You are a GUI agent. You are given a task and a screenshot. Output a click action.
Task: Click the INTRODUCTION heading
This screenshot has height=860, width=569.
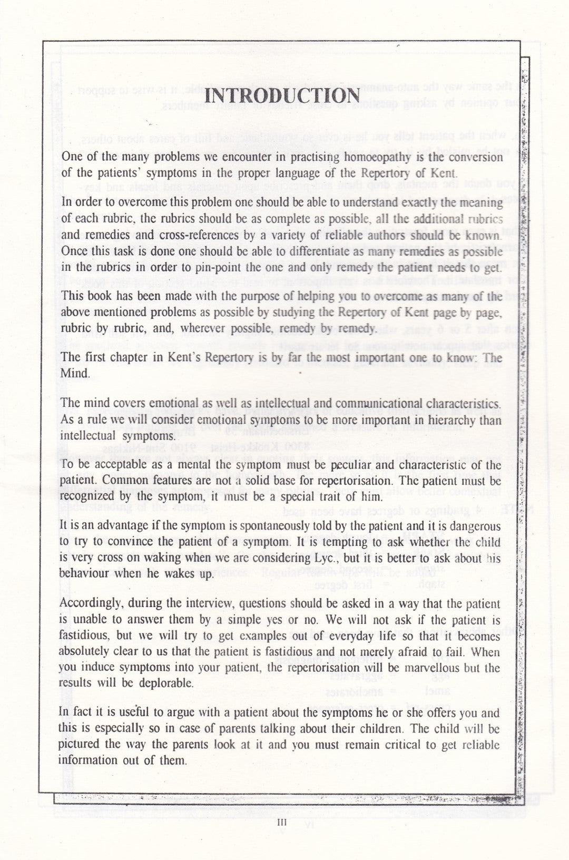coord(282,96)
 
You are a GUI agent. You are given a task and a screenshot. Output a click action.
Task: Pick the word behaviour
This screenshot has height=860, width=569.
coord(86,573)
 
